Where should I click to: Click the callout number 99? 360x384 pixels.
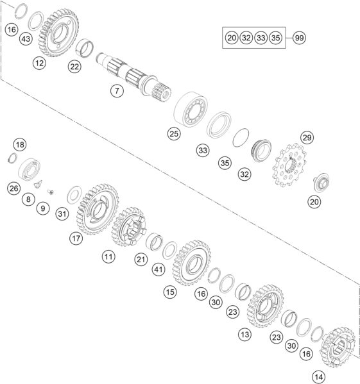click(299, 38)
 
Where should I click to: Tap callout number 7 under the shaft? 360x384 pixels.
click(117, 91)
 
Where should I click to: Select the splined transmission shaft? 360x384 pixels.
click(133, 76)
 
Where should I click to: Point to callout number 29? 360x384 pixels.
click(307, 138)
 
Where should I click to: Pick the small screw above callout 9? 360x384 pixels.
click(51, 192)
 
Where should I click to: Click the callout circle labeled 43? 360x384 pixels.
click(26, 38)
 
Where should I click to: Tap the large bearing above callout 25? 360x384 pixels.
click(191, 110)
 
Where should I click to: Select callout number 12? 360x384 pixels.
click(39, 63)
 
